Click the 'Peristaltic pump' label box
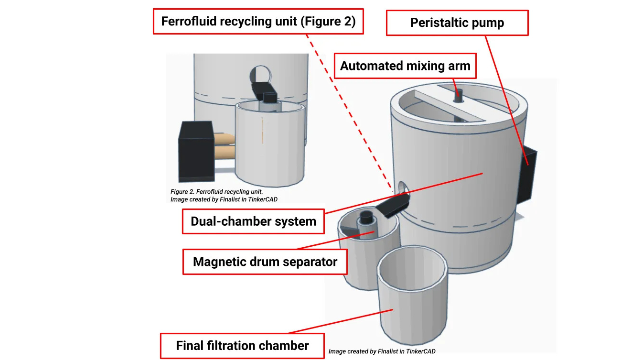457,23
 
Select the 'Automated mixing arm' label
405,66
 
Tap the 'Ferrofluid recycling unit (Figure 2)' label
258,21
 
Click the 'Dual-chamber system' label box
253,221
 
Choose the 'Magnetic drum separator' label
265,261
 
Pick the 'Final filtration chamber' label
242,345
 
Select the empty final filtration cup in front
412,295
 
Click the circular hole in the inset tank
261,75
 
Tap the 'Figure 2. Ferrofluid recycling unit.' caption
216,192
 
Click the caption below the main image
382,351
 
